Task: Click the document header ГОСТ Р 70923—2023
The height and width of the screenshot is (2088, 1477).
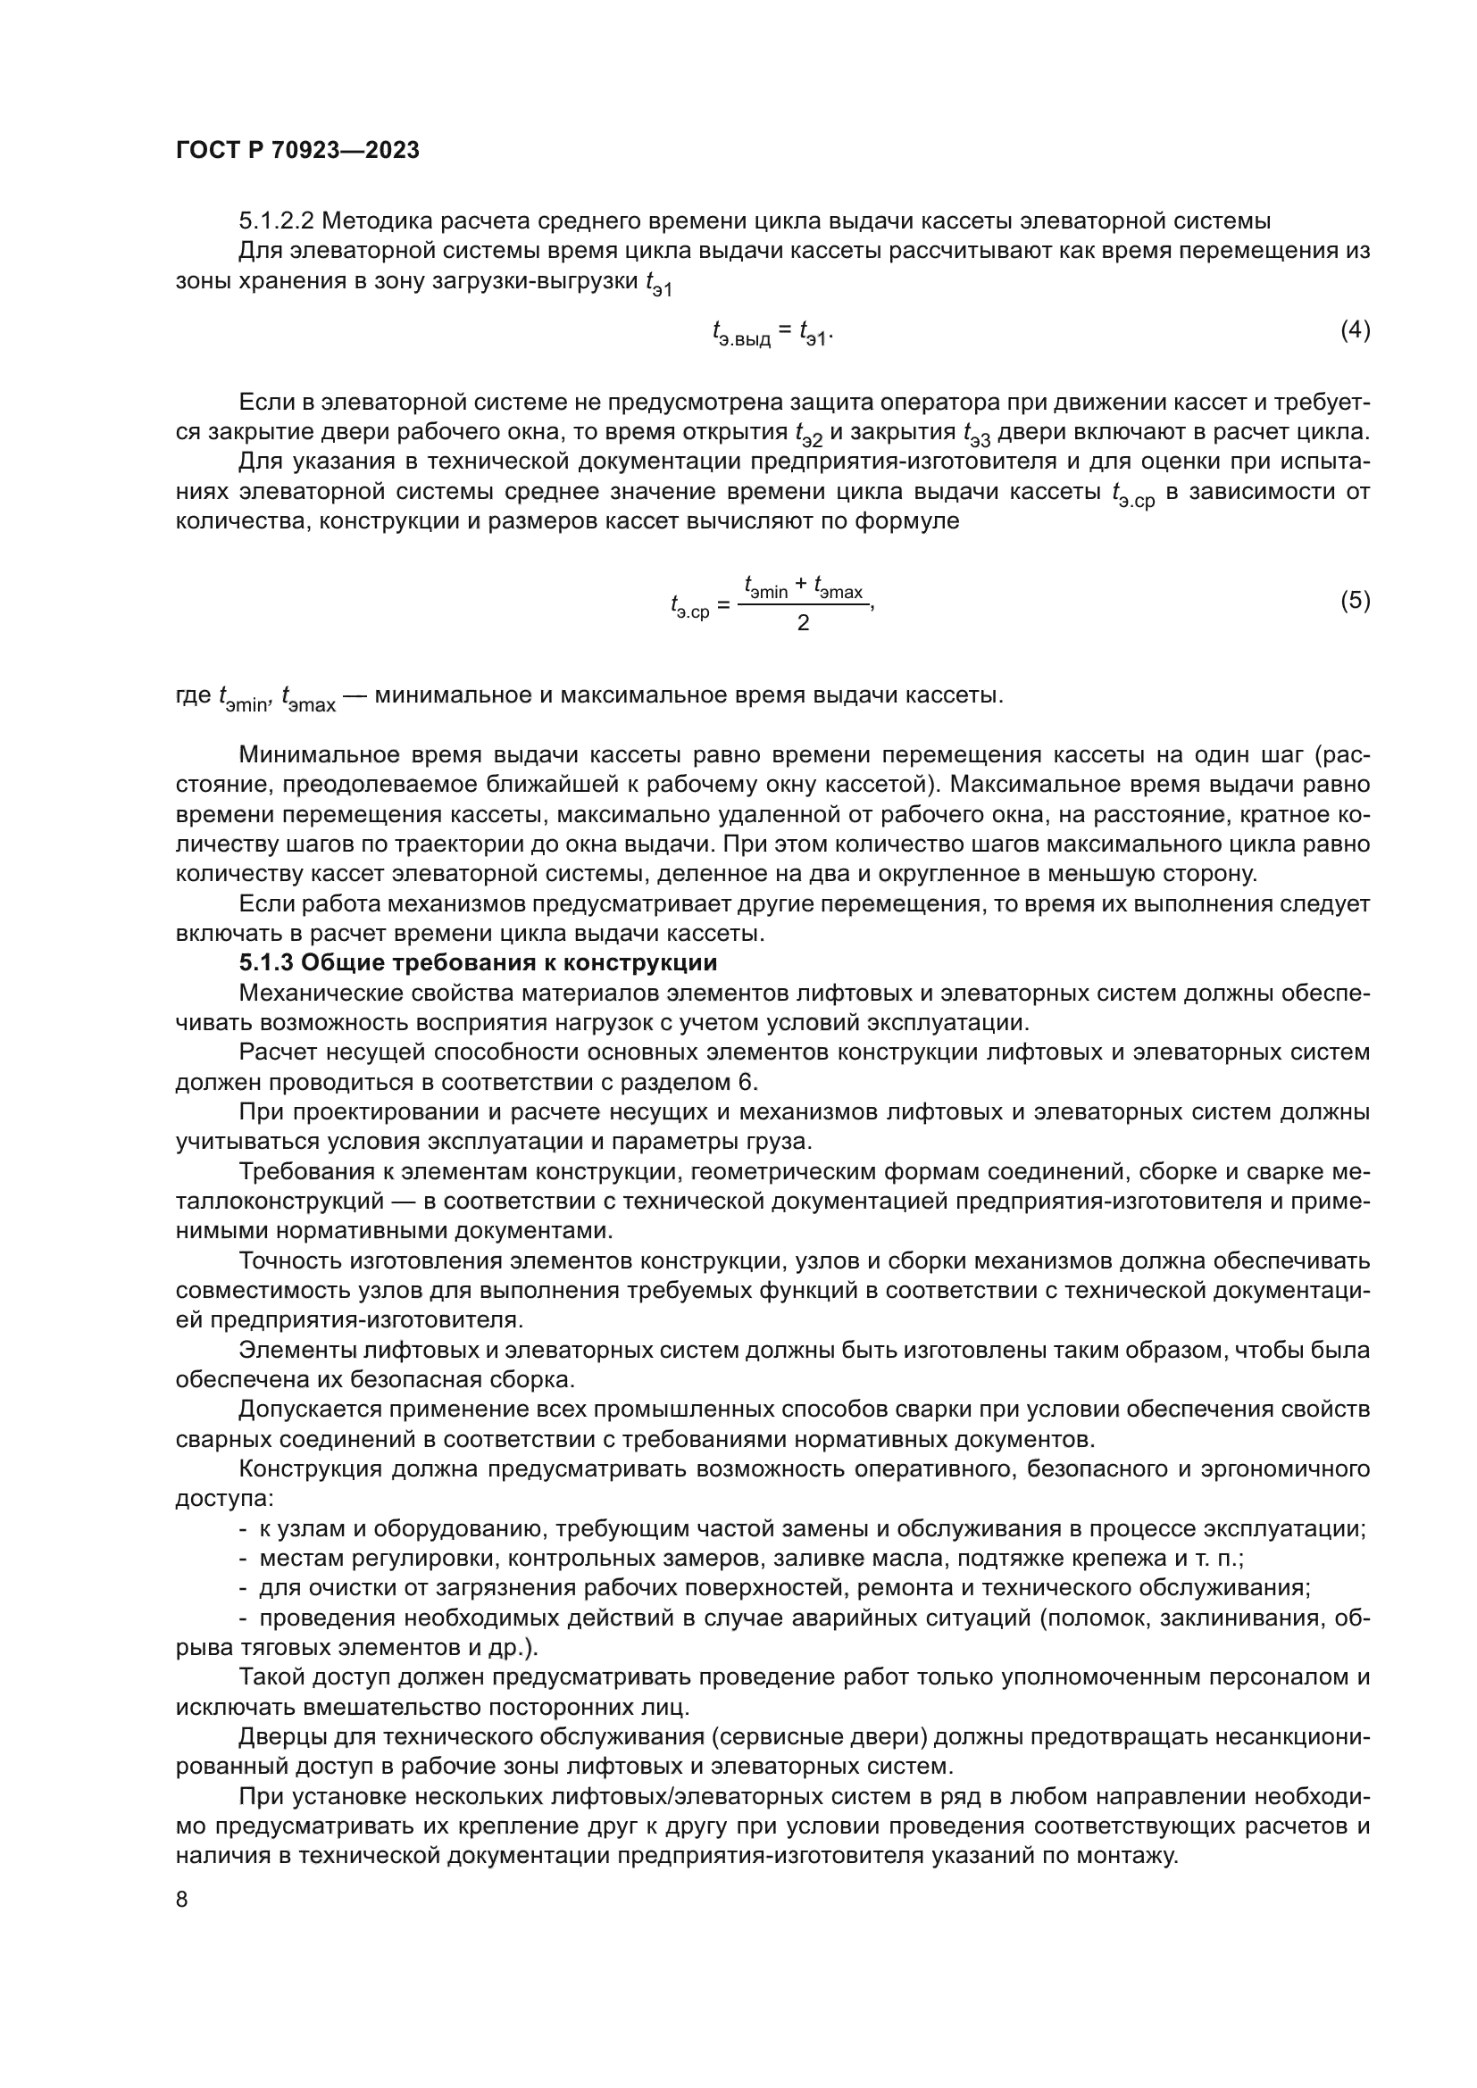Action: coord(297,150)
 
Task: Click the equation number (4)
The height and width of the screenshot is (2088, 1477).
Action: coord(1355,330)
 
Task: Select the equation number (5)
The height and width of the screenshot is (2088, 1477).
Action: coord(1355,600)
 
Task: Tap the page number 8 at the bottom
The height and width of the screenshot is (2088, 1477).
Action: coord(182,1900)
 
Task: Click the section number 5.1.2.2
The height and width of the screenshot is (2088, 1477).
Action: coord(277,221)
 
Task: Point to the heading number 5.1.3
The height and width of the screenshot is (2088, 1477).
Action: coord(265,963)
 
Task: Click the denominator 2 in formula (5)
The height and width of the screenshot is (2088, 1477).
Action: coord(802,623)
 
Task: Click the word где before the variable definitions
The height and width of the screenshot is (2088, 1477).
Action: coord(193,695)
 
